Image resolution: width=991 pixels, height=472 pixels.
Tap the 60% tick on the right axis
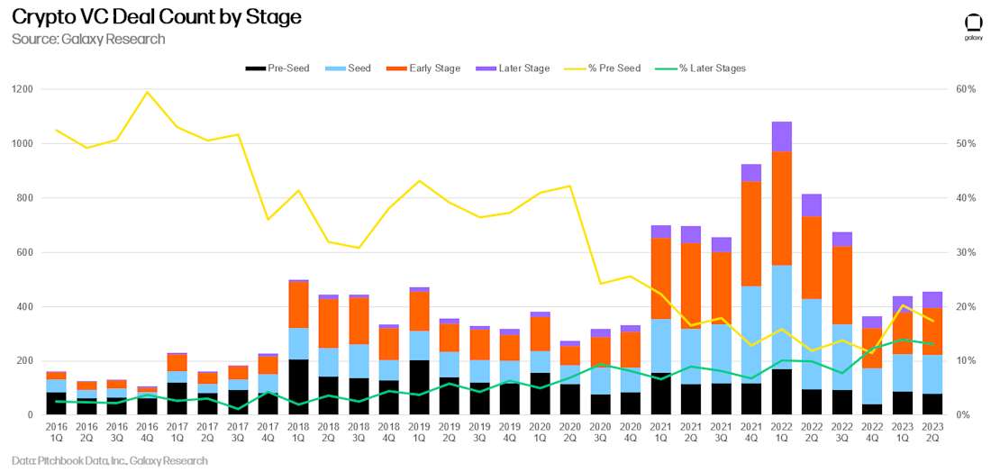pos(967,89)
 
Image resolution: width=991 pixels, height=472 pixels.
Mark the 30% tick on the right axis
pos(967,252)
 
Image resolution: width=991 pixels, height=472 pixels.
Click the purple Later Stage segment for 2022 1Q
pos(783,136)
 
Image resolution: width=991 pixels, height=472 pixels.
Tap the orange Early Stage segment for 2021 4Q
pos(750,234)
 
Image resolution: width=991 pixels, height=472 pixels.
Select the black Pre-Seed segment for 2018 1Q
pos(299,387)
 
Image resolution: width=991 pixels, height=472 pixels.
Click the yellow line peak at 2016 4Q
pos(147,92)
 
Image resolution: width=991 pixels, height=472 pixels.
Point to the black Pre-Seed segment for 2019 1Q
pos(419,387)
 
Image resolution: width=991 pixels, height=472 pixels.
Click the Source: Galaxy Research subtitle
pos(88,39)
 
